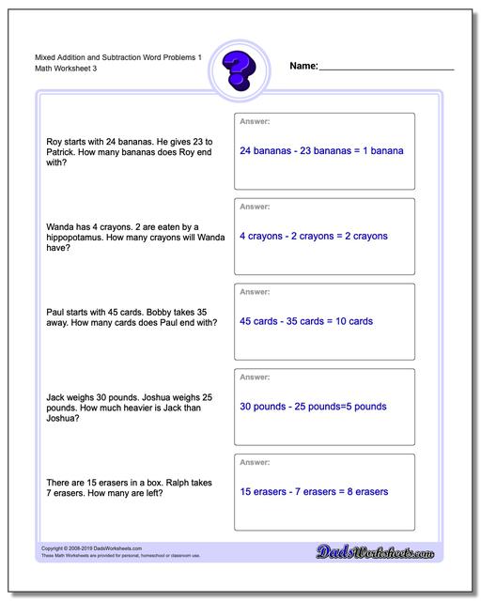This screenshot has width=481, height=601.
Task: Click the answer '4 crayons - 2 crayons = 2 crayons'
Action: (x=314, y=236)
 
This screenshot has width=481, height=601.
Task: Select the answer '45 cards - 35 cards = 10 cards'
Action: (x=306, y=321)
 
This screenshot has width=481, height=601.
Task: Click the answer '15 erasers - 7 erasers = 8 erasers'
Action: (x=314, y=491)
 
